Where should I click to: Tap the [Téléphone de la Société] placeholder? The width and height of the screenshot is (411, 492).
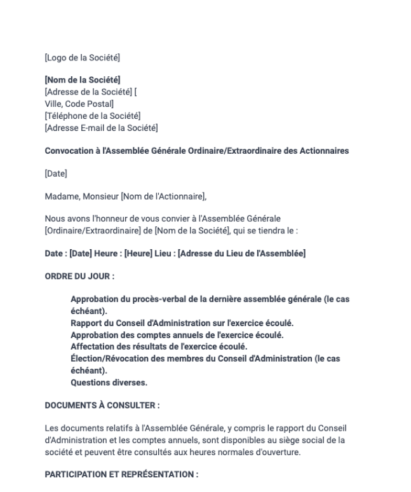(x=92, y=115)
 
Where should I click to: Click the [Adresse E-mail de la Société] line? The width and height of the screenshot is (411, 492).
(x=101, y=127)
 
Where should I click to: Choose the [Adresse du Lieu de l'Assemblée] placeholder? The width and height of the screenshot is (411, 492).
(x=241, y=254)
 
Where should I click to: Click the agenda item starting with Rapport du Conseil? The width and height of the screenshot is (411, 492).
(x=182, y=322)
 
